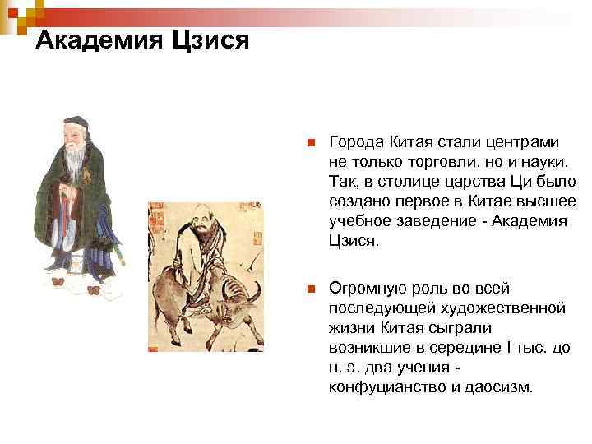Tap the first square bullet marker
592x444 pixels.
(310, 143)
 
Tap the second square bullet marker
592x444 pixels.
(310, 289)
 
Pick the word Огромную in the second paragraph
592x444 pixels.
(366, 289)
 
